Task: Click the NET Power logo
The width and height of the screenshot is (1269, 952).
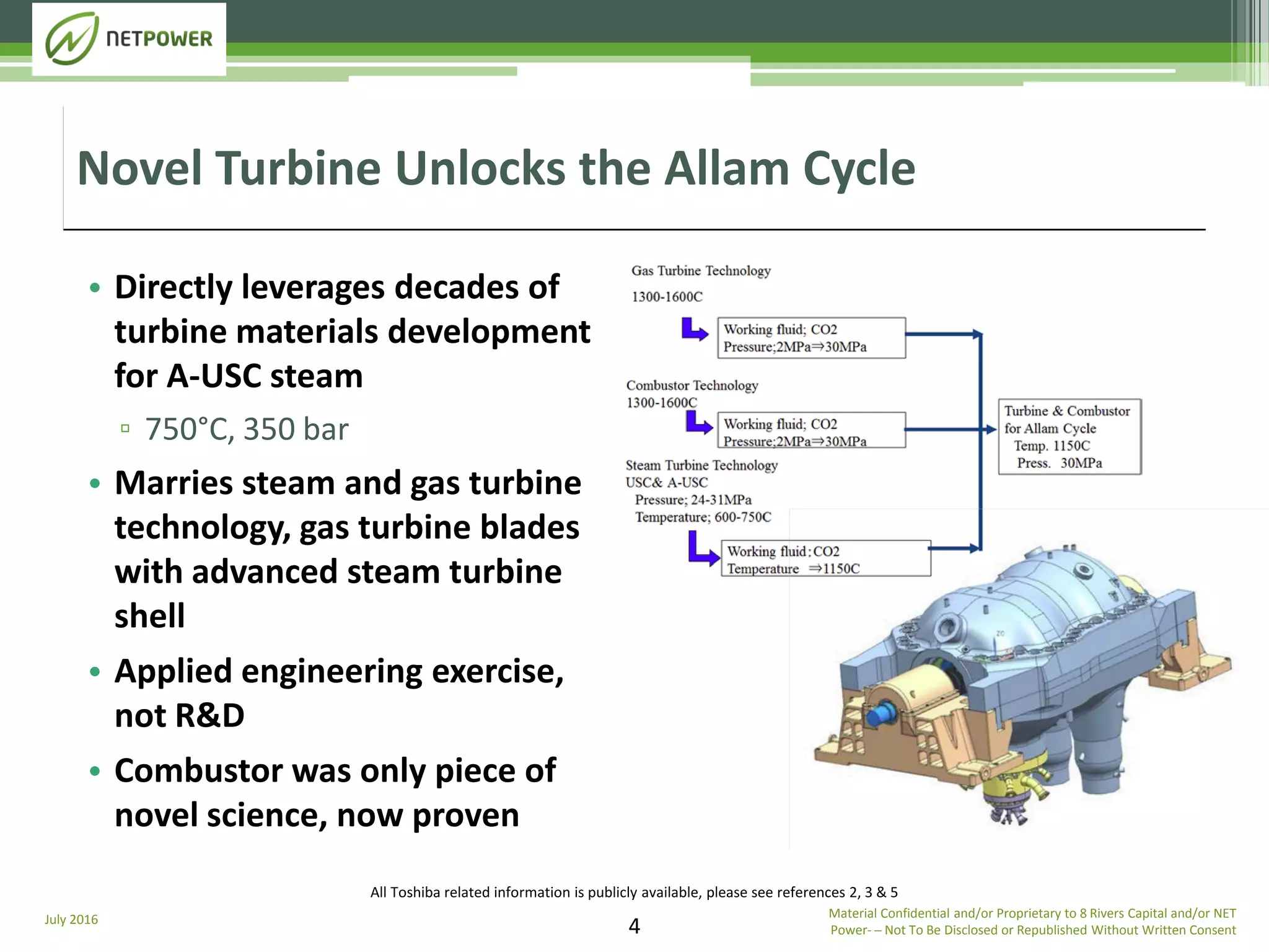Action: (x=129, y=39)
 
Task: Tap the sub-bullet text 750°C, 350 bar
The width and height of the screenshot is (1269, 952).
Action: (x=247, y=429)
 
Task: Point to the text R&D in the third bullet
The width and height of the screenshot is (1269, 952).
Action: (x=210, y=716)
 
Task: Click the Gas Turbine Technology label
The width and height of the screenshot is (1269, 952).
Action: (x=701, y=271)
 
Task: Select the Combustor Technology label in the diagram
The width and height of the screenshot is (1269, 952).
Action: (x=692, y=386)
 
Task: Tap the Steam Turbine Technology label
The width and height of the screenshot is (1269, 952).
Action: (x=701, y=465)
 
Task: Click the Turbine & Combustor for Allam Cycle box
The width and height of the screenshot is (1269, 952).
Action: (x=1069, y=437)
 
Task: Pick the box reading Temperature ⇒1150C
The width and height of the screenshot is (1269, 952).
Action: (x=825, y=559)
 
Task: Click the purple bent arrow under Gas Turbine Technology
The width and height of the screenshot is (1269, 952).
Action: (x=694, y=329)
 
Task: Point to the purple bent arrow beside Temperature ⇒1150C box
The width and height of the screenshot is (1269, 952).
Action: (x=702, y=549)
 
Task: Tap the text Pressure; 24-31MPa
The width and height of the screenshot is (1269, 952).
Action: (x=693, y=500)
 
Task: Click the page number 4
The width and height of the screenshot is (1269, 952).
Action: (x=634, y=926)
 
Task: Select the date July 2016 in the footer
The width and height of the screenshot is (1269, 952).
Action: (x=71, y=920)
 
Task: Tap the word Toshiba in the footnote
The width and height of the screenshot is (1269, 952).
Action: (x=418, y=892)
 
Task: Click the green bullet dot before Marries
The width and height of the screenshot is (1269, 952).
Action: (x=95, y=483)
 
